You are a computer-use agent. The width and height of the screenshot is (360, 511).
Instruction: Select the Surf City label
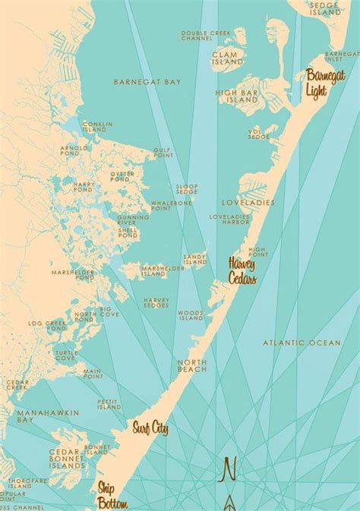pyautogui.click(x=149, y=430)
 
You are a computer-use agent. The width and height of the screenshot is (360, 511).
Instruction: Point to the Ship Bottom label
pyautogui.click(x=111, y=494)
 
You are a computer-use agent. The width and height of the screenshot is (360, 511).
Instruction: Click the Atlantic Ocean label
pyautogui.click(x=302, y=343)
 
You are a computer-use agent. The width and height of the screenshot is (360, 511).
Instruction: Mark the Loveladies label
pyautogui.click(x=241, y=203)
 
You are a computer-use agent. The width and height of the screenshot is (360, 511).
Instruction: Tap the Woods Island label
pyautogui.click(x=190, y=314)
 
